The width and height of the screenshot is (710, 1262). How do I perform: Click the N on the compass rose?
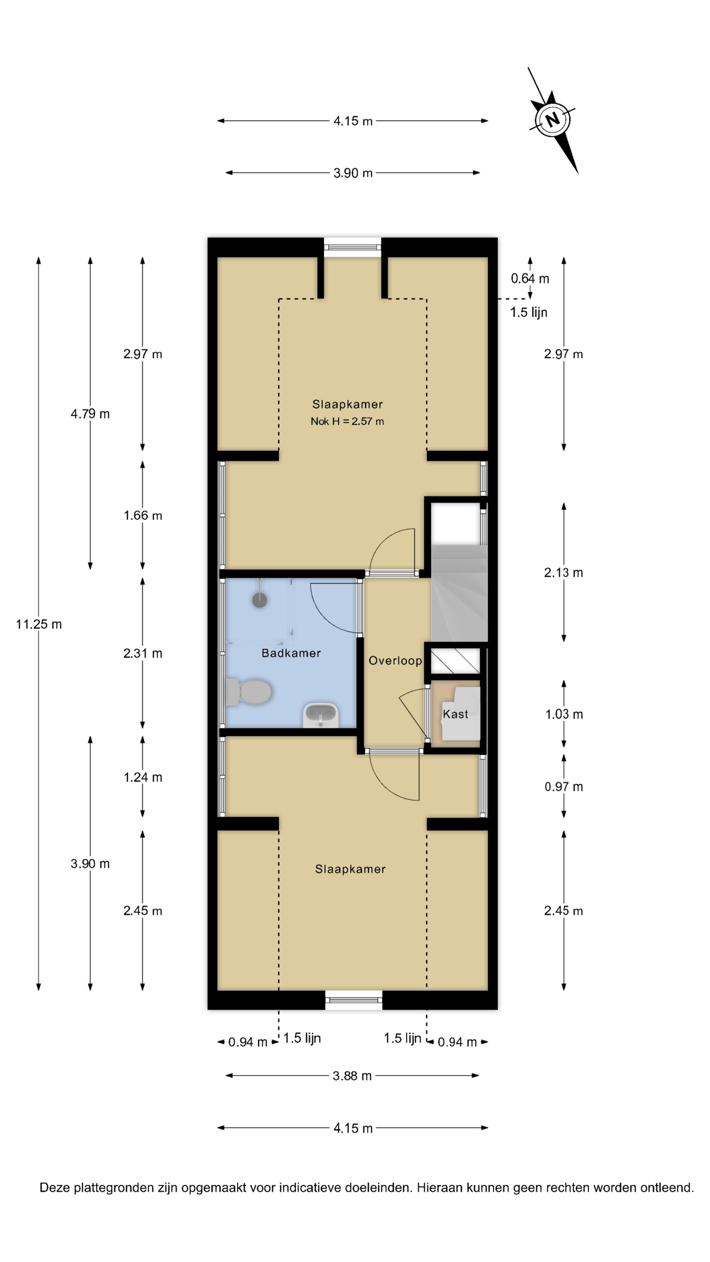click(x=552, y=119)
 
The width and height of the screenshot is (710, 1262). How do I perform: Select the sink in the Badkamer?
click(x=321, y=715)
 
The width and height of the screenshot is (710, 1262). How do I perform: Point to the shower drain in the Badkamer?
click(x=260, y=600)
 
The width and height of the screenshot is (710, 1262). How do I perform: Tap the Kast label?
click(x=455, y=714)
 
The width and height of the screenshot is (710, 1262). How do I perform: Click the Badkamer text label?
click(x=291, y=653)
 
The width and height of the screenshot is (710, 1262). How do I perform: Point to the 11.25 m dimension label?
click(x=39, y=624)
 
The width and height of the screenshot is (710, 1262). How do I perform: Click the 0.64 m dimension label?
click(x=530, y=278)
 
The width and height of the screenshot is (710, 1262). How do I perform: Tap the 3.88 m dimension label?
click(x=352, y=1076)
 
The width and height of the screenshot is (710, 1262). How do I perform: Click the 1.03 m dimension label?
click(x=564, y=714)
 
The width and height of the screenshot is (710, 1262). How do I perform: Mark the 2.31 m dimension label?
click(x=143, y=653)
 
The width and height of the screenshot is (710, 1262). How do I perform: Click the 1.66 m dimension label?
click(x=143, y=515)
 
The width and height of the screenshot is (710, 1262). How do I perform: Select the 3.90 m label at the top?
click(x=353, y=173)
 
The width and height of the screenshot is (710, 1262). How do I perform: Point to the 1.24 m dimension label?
click(x=143, y=777)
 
